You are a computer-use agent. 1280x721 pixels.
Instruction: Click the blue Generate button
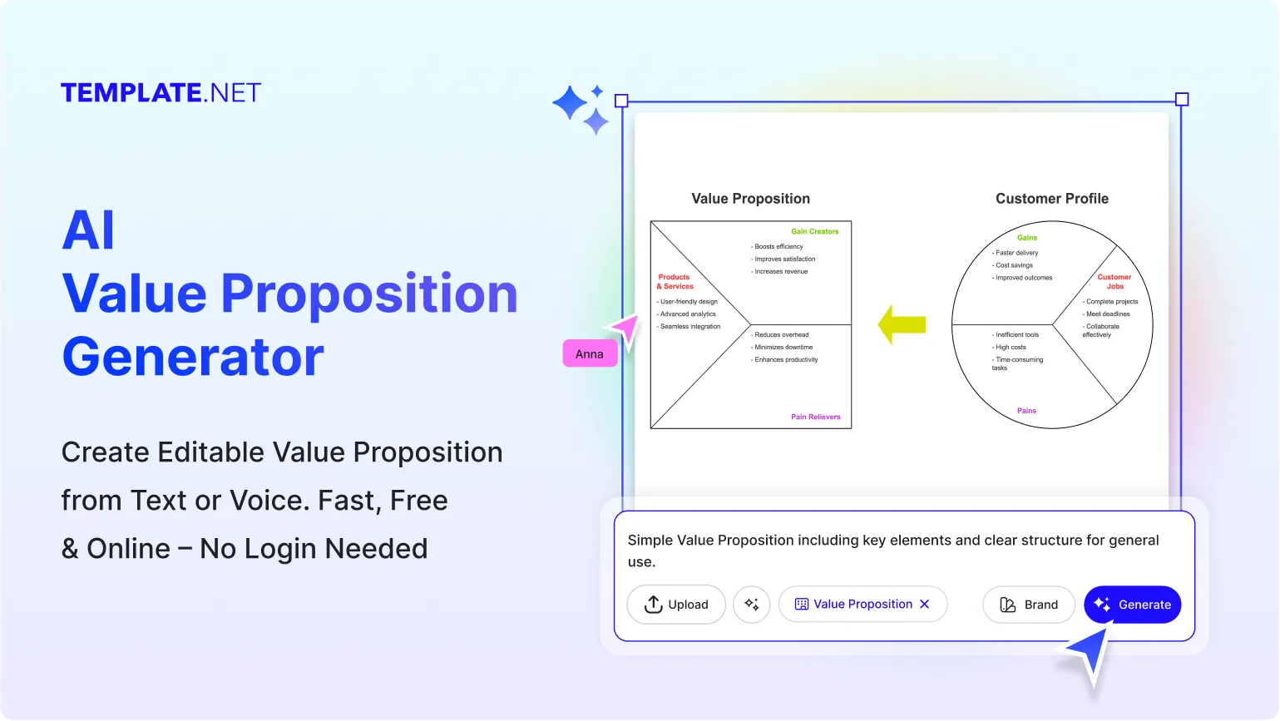(x=1132, y=605)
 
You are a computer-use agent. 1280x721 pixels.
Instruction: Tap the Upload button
(x=676, y=605)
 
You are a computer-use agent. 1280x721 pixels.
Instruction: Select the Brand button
(x=1029, y=605)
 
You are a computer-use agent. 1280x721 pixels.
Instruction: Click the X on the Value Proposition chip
(x=924, y=604)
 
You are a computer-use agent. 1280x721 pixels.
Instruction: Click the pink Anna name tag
(x=590, y=353)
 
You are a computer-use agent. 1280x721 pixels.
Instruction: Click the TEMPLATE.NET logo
(x=161, y=92)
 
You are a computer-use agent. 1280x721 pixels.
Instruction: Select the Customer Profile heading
(x=1051, y=198)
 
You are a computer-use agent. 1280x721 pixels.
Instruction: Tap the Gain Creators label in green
(x=814, y=231)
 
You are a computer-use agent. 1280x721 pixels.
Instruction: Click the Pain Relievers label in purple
(x=815, y=417)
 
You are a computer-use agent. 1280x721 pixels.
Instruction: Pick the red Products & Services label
(x=675, y=281)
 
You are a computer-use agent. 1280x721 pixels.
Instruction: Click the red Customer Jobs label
(x=1114, y=281)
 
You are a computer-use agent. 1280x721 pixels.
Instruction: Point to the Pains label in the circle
(x=1026, y=411)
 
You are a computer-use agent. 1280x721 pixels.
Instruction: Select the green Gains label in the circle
(x=1027, y=238)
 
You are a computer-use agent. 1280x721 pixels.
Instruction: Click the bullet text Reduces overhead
(x=781, y=334)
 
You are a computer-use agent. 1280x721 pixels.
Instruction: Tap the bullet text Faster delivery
(x=1016, y=253)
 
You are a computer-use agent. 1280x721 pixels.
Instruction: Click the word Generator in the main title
(x=193, y=357)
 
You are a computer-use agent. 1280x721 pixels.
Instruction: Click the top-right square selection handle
(x=1181, y=100)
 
